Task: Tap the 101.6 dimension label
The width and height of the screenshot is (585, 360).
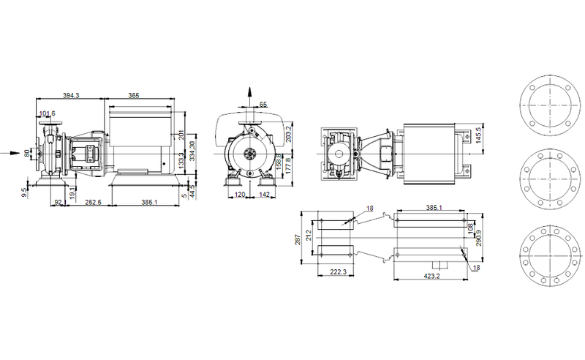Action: (48, 113)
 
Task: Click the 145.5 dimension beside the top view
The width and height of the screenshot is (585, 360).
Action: (479, 136)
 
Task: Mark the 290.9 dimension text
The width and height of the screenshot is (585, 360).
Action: (479, 239)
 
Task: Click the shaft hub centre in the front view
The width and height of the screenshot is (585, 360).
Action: (251, 154)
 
